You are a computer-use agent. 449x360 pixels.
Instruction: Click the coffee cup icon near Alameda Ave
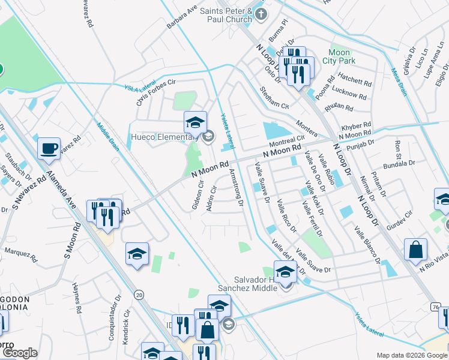click(x=49, y=148)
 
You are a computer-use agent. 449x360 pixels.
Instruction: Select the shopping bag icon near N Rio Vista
click(x=415, y=250)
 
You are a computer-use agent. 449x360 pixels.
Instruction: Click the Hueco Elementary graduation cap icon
click(x=195, y=122)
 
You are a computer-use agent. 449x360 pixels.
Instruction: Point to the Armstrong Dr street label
click(x=236, y=187)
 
